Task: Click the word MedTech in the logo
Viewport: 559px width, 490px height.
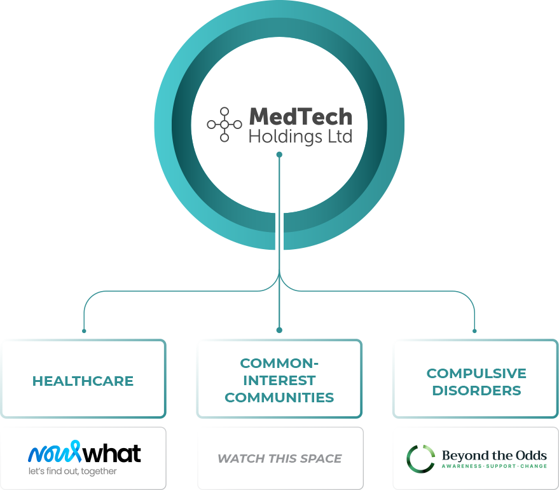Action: (x=301, y=117)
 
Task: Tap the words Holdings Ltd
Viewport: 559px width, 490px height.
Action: (x=301, y=137)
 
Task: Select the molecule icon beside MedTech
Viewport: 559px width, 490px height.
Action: (x=224, y=125)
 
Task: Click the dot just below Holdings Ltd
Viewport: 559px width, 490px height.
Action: (x=280, y=154)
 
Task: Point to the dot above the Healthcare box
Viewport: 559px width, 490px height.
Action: (x=84, y=331)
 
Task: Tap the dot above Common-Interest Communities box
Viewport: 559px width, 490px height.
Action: (x=280, y=330)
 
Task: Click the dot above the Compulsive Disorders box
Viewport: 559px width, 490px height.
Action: (x=474, y=331)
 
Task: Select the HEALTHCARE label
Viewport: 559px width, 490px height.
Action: (x=83, y=381)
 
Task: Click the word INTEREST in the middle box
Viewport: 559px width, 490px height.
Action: (x=280, y=380)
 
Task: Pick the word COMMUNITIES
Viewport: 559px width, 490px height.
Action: (x=280, y=397)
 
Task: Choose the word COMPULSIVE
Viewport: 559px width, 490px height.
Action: (x=476, y=374)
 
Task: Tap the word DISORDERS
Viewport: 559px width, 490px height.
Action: (x=476, y=391)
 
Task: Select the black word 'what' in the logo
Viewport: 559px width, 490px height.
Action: (x=112, y=453)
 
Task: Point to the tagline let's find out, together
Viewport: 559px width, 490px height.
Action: (x=72, y=471)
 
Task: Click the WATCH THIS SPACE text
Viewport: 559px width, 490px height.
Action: (x=280, y=458)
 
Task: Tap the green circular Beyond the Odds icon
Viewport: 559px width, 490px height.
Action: (x=420, y=459)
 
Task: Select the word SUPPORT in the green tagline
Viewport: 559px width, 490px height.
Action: (x=501, y=466)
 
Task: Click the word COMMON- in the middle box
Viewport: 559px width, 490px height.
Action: (x=280, y=363)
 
